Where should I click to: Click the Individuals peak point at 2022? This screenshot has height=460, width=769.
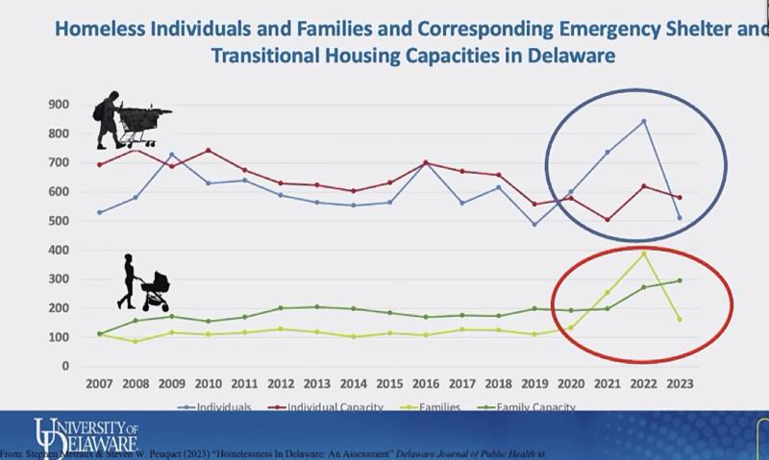643,121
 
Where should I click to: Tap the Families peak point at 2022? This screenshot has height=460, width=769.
643,254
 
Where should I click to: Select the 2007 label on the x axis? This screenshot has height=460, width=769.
99,383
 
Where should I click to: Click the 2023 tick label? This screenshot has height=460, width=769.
680,383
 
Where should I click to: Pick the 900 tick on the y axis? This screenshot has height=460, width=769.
60,104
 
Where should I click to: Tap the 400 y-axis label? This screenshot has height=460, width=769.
60,250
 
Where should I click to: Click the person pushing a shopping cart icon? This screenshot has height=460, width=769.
130,120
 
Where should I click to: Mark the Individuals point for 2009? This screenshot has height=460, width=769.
172,155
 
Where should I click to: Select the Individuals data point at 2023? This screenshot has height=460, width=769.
680,218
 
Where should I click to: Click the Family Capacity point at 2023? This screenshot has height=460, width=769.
680,280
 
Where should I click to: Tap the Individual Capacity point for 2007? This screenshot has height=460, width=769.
99,165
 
